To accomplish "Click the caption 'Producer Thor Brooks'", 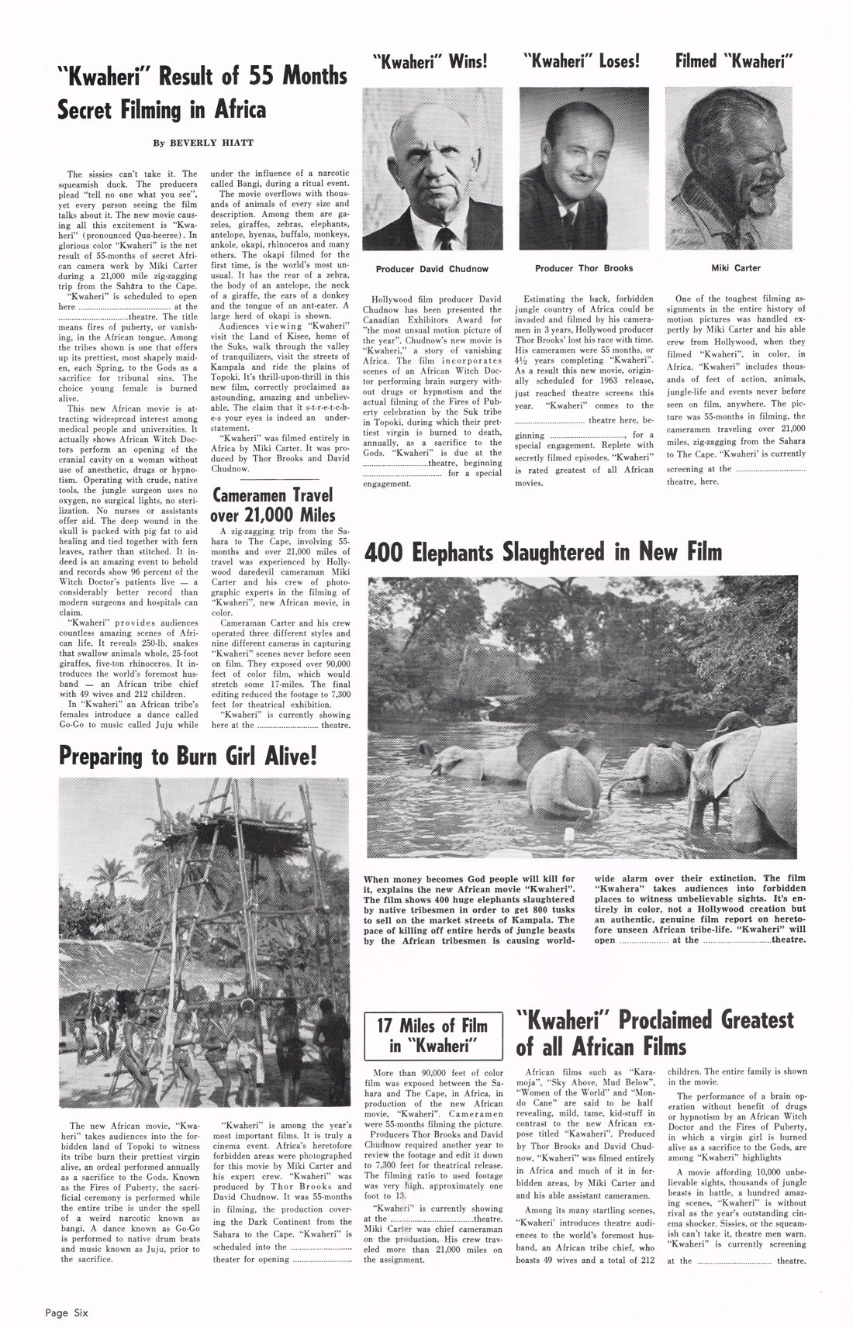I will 583,268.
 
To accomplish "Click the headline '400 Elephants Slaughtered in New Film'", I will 542,552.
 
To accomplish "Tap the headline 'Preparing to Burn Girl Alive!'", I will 188,756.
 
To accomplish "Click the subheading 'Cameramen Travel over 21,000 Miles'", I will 273,505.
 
